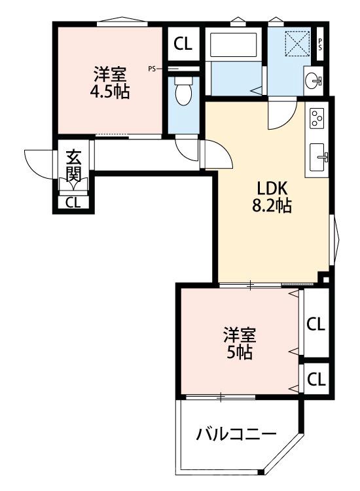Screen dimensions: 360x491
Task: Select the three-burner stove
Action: pos(317,117)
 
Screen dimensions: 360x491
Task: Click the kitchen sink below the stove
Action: pos(317,158)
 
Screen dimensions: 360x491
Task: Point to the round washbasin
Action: pos(312,81)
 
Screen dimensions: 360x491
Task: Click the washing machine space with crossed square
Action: pos(297,44)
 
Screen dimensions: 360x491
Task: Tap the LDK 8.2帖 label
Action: pos(272,197)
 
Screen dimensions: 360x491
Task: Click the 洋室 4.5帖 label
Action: pos(110,83)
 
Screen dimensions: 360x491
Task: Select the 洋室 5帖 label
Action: pos(240,343)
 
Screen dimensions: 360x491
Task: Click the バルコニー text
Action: pos(236,434)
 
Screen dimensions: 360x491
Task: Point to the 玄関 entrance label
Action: pos(74,166)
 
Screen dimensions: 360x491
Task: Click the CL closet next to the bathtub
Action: pos(183,44)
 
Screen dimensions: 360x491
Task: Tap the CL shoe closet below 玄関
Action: pos(73,202)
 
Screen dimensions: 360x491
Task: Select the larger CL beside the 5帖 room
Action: pos(316,324)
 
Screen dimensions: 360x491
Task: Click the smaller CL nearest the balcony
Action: pos(317,380)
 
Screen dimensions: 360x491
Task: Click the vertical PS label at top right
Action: pos(320,44)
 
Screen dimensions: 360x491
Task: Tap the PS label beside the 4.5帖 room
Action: pos(152,69)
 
